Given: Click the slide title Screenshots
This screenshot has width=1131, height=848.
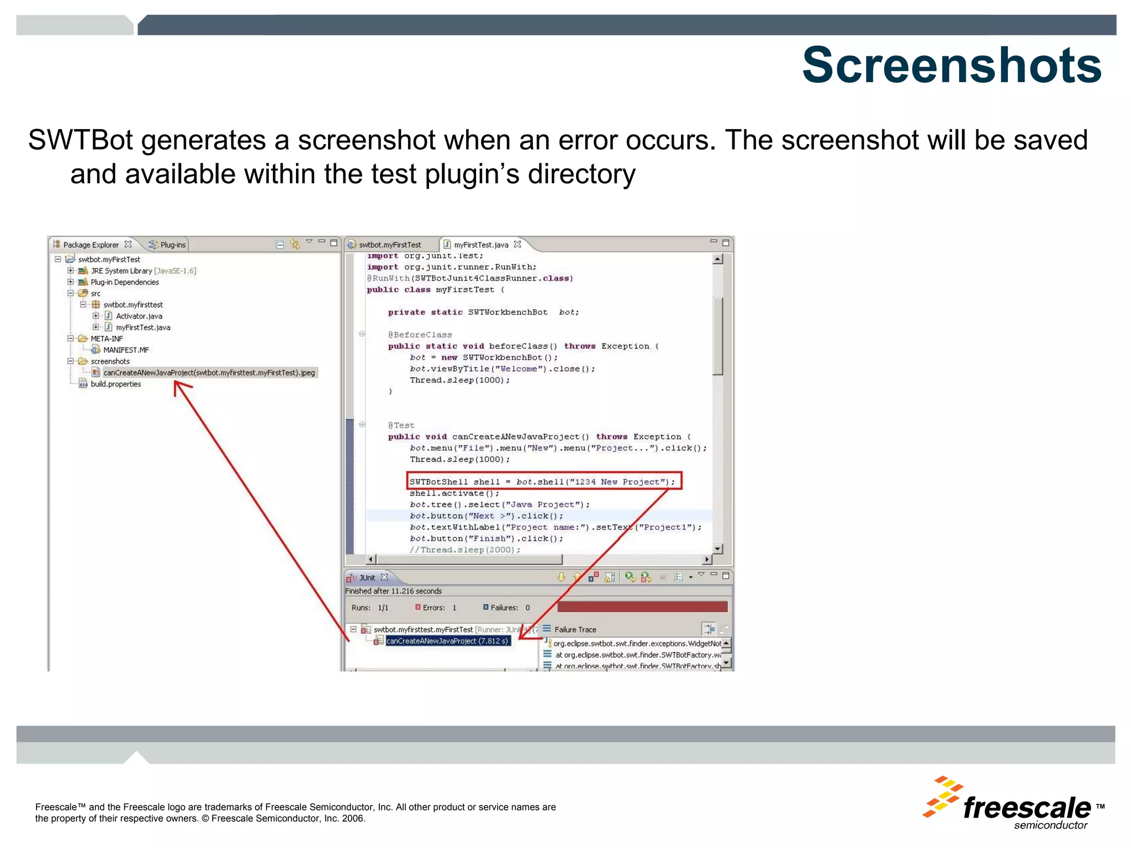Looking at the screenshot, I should pos(952,65).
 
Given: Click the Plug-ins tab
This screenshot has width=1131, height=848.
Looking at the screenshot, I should pos(172,245).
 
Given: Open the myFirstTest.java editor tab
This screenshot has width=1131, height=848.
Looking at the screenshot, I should pos(480,245).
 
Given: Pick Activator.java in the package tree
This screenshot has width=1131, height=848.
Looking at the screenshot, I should pos(139,316).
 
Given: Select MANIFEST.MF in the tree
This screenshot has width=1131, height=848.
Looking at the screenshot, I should pos(126,350).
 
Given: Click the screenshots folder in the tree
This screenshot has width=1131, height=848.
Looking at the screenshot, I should pos(110,362).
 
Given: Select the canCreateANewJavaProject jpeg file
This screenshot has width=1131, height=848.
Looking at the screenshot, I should pos(209,373).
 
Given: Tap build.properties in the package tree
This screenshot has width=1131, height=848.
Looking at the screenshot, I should pos(115,384).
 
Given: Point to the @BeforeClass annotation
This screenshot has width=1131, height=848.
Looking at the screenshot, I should pos(420,335).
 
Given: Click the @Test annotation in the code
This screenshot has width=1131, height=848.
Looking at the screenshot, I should pos(401,426).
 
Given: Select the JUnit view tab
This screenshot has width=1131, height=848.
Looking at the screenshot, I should pos(367,577).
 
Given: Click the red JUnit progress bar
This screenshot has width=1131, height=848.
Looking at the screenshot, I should pos(642,607).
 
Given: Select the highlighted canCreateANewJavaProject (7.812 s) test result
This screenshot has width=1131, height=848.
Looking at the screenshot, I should pos(447,641).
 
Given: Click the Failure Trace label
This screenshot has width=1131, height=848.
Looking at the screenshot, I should pos(575,629).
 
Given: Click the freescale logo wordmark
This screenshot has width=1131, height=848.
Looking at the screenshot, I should pos(1027,808).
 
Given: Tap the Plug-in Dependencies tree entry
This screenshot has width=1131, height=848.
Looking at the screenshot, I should pos(124,282).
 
